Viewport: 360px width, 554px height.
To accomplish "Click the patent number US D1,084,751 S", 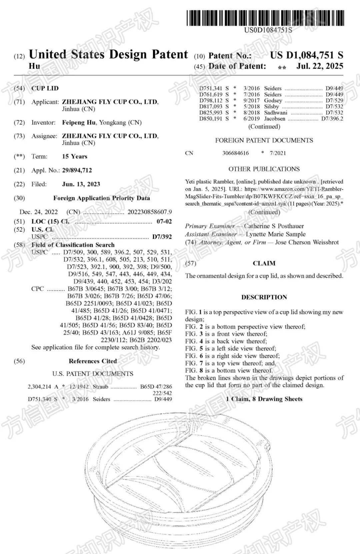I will tap(306, 55).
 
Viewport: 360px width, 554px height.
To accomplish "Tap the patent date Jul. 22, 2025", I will tap(320, 66).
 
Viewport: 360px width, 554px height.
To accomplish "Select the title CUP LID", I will tap(45, 88).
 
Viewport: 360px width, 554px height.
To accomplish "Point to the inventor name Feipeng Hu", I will tap(79, 123).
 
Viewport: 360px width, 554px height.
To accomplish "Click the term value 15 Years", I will tap(75, 157).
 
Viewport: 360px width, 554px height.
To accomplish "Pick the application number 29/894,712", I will tap(77, 170).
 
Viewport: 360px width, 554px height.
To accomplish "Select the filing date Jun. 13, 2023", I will tap(81, 184).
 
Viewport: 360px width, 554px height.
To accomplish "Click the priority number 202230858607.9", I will tap(150, 212).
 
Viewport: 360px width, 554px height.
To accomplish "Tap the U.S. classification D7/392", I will tap(162, 237).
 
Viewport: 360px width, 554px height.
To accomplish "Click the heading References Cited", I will tap(93, 361).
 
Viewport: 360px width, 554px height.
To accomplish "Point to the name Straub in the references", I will tap(100, 387).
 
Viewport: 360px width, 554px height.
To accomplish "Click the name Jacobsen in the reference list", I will tap(275, 119).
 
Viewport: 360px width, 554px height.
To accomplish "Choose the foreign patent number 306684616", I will tap(236, 153).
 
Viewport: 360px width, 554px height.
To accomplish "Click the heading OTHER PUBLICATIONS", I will tap(264, 169).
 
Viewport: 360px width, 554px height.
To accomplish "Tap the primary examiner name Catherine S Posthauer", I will tap(274, 226).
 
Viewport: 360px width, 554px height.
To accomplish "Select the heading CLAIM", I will tap(264, 264).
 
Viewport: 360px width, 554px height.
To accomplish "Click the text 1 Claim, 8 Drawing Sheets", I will tap(264, 399).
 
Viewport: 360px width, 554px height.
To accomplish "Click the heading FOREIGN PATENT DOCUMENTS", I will tap(264, 140).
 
